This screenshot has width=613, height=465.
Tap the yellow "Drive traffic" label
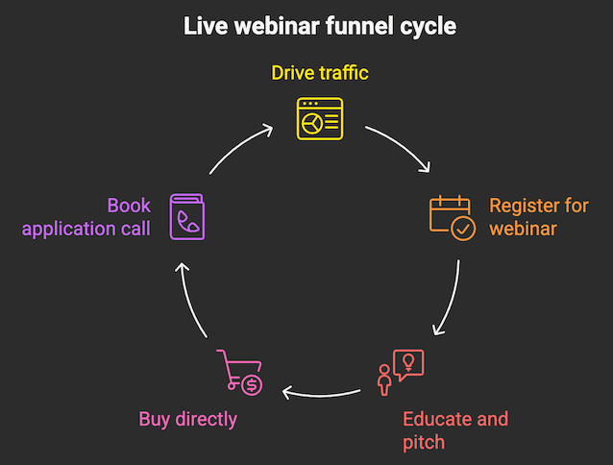319,74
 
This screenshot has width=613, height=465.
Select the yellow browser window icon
319,118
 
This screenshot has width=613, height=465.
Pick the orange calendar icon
451,217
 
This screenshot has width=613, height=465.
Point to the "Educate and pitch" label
455,430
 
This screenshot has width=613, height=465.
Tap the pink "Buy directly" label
187,419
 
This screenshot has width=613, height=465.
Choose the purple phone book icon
187,217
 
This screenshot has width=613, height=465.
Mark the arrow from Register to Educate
451,298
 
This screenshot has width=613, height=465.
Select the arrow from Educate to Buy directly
322,391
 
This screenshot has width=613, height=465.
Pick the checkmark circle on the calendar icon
462,229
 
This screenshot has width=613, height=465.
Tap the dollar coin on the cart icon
252,384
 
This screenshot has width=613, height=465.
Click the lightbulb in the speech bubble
409,362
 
